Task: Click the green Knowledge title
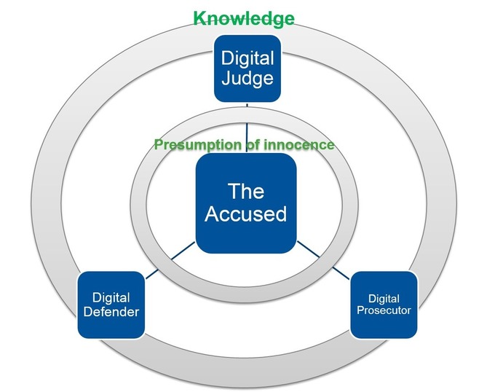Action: [243, 18]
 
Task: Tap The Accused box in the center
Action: [245, 203]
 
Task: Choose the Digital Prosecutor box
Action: [384, 304]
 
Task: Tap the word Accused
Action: [245, 214]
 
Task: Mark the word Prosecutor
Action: [384, 310]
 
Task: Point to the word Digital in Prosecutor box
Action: [384, 298]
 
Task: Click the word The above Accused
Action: [245, 192]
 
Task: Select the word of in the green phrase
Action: [251, 145]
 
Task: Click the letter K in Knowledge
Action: [199, 18]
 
